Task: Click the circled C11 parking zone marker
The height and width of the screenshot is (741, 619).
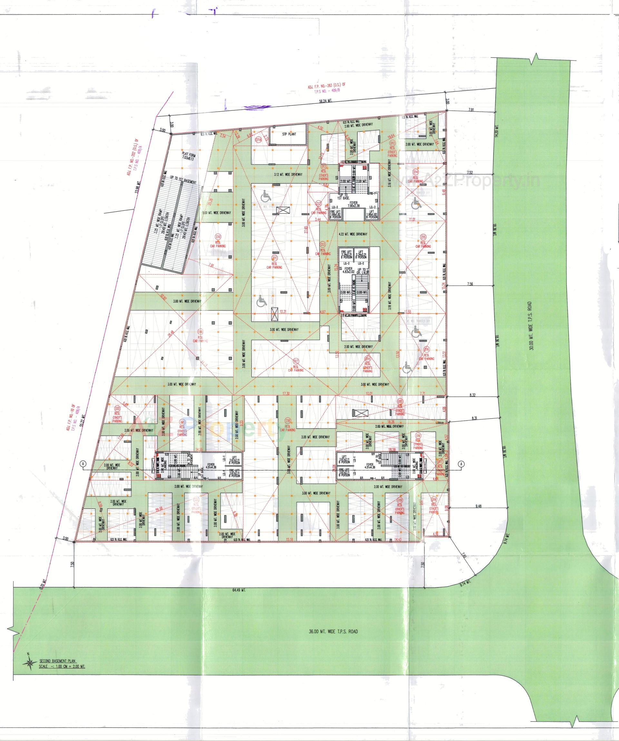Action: coord(274,258)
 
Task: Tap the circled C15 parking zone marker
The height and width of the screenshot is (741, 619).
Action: coord(424,236)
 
